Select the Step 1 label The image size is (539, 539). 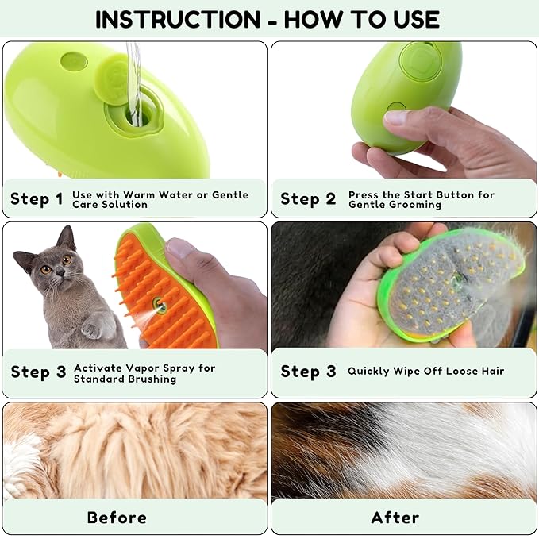(37, 198)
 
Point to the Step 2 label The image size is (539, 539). (308, 198)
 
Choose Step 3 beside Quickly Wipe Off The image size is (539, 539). (309, 372)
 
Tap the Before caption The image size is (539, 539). (117, 518)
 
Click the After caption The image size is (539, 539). (395, 518)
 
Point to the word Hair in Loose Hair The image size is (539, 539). (490, 371)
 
